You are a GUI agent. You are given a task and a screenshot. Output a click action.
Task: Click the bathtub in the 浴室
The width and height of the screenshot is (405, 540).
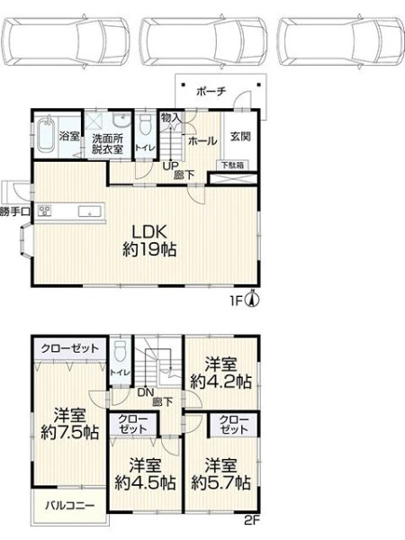46,136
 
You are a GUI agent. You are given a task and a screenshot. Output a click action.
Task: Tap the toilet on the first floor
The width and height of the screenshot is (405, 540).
146,125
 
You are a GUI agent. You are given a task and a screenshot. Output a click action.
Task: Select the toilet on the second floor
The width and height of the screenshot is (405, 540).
121,351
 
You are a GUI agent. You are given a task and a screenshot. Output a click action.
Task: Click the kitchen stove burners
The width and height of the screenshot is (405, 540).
45,211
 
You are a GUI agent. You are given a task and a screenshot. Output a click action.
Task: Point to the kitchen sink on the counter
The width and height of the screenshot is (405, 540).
89,211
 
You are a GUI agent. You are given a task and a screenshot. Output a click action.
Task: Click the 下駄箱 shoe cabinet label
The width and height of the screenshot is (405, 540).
233,166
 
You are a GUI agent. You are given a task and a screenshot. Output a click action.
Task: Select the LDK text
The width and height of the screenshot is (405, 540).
149,232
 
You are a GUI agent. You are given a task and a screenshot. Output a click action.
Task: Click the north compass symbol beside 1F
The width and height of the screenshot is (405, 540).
253,300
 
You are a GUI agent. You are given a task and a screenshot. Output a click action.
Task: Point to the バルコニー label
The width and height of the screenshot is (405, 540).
70,506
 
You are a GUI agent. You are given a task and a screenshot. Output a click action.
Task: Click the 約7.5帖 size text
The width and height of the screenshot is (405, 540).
70,432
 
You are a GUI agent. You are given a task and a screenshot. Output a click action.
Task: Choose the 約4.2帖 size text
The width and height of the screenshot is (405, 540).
221,382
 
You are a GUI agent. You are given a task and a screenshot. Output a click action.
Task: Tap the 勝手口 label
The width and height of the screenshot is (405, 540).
15,211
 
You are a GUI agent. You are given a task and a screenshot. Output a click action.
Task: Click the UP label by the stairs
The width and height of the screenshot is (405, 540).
170,166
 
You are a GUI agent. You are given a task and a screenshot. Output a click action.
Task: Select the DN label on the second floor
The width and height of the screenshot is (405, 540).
146,391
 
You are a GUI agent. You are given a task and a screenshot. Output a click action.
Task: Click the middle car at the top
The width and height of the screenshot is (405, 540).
204,41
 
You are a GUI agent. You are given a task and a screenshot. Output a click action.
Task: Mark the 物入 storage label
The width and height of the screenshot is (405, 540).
171,118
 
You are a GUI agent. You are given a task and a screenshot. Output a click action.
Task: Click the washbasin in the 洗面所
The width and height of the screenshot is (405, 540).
121,119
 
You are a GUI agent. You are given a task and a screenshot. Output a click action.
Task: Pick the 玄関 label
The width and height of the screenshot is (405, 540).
240,136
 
